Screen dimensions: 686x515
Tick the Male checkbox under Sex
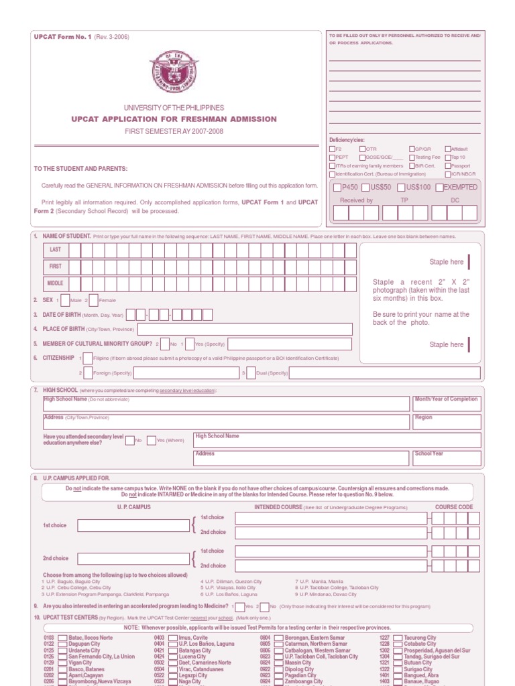(x=65, y=300)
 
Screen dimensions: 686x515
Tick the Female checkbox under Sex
(x=93, y=300)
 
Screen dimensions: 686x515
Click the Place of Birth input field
(x=245, y=329)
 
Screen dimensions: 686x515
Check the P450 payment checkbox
(x=337, y=188)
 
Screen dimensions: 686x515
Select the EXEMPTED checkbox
(x=439, y=188)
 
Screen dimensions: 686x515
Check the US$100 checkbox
(x=401, y=188)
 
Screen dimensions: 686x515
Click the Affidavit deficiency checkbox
(x=447, y=149)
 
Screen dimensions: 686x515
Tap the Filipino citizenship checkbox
(x=88, y=358)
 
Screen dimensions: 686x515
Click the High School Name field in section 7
(x=226, y=404)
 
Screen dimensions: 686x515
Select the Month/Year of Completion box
(x=447, y=404)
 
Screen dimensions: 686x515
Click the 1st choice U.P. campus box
(x=133, y=525)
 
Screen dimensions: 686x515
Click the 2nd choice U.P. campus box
(x=133, y=559)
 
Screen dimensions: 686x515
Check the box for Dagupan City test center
(x=62, y=644)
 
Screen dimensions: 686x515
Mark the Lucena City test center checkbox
(x=172, y=657)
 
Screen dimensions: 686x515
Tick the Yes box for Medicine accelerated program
(x=239, y=606)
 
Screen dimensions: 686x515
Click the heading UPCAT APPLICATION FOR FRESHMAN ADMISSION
(x=174, y=119)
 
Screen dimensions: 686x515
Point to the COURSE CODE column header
(x=454, y=507)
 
